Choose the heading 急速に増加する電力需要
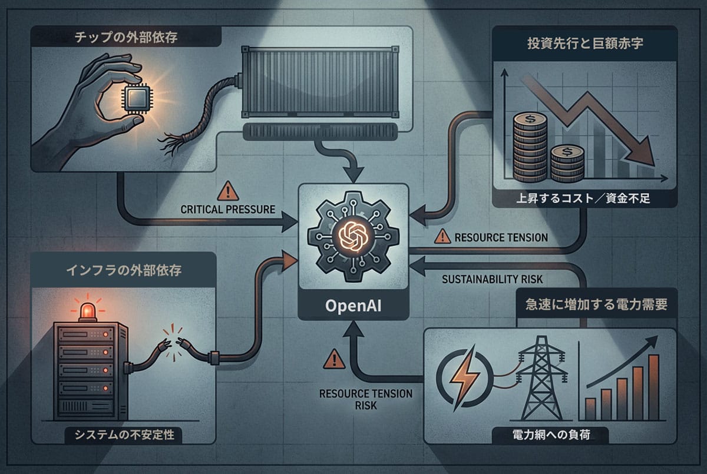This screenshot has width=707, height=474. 596,306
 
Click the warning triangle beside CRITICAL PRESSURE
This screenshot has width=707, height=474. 226,192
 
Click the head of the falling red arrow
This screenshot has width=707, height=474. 643,153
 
